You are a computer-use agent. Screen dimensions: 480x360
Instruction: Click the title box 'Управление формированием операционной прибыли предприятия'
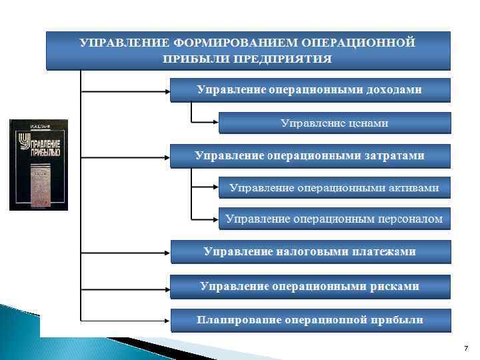[x=247, y=50]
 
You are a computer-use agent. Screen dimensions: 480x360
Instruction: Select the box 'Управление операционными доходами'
[x=309, y=89]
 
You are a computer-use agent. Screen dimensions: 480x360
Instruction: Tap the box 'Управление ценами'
[x=334, y=123]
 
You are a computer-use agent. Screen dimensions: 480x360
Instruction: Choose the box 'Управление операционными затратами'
[x=309, y=155]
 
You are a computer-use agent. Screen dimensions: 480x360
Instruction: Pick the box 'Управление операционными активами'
[x=334, y=187]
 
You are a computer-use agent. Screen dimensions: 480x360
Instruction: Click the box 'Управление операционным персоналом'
[x=334, y=219]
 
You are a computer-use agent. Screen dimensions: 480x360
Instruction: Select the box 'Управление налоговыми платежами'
[x=309, y=252]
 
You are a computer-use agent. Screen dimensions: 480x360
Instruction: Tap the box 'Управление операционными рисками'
[x=309, y=286]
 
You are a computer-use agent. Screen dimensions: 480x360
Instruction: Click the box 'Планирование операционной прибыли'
[x=309, y=320]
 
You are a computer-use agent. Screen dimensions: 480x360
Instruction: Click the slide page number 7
[x=465, y=349]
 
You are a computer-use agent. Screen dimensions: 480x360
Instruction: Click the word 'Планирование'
[x=239, y=320]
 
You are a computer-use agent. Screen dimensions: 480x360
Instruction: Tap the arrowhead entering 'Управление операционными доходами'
[x=167, y=90]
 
